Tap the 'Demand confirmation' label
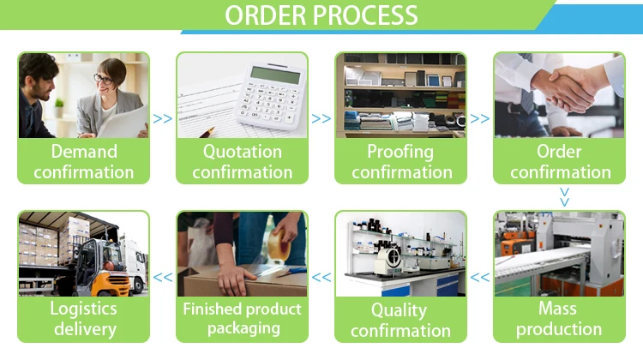pos(84,161)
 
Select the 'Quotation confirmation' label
pos(242,161)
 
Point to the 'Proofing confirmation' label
pos(400,161)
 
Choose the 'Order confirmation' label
pos(559,161)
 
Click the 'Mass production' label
pos(559,318)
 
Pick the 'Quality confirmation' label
pos(400,319)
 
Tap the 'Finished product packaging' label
pos(242,318)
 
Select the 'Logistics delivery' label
pos(84,318)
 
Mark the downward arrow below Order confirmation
pos(563,196)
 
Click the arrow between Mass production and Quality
pos(480,277)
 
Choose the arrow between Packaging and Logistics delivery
pos(163,277)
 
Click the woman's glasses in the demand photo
pos(102,79)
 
